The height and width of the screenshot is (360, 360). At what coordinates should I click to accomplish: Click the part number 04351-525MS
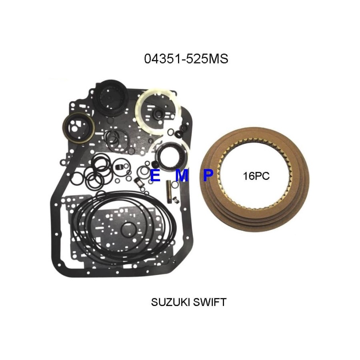click(186, 59)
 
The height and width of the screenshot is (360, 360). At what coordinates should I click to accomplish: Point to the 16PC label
click(256, 176)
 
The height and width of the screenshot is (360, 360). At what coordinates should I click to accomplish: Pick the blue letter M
click(182, 176)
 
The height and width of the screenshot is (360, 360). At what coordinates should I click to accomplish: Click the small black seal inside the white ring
click(158, 114)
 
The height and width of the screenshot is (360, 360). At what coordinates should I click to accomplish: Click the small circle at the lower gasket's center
click(128, 230)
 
